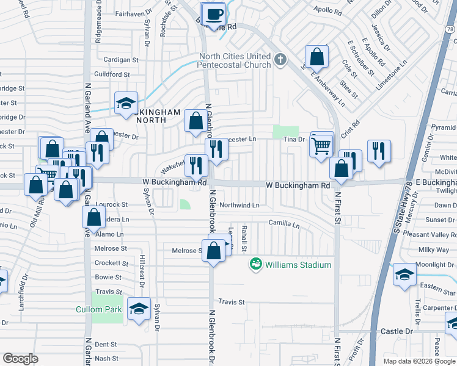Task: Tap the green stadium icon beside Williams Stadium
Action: [255, 264]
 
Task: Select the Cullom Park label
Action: [98, 309]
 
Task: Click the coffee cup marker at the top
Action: [214, 13]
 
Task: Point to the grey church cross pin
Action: [280, 59]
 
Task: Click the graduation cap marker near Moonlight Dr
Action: [404, 274]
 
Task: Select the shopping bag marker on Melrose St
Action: [213, 251]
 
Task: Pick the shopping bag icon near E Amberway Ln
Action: [317, 58]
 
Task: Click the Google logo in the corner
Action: [20, 359]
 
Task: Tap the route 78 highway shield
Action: [450, 28]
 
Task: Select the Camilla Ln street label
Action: [284, 224]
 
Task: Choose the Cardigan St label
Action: [121, 60]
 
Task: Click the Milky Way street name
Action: [434, 250]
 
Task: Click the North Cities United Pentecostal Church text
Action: [235, 61]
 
